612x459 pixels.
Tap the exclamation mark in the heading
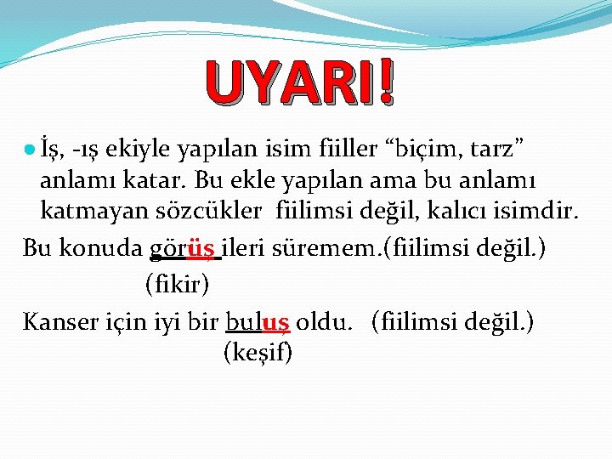[388, 83]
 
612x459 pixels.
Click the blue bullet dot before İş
[30, 150]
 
